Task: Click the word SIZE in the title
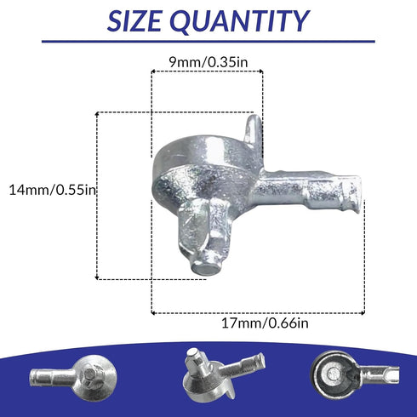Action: click(134, 21)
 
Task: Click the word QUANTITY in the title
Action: click(240, 21)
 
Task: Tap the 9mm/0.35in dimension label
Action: click(208, 62)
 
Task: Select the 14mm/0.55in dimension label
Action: click(53, 190)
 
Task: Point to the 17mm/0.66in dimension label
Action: click(265, 323)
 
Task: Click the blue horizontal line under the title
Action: click(208, 42)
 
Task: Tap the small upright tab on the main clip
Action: click(253, 129)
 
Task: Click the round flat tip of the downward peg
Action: click(205, 268)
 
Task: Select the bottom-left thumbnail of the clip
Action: click(73, 374)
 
